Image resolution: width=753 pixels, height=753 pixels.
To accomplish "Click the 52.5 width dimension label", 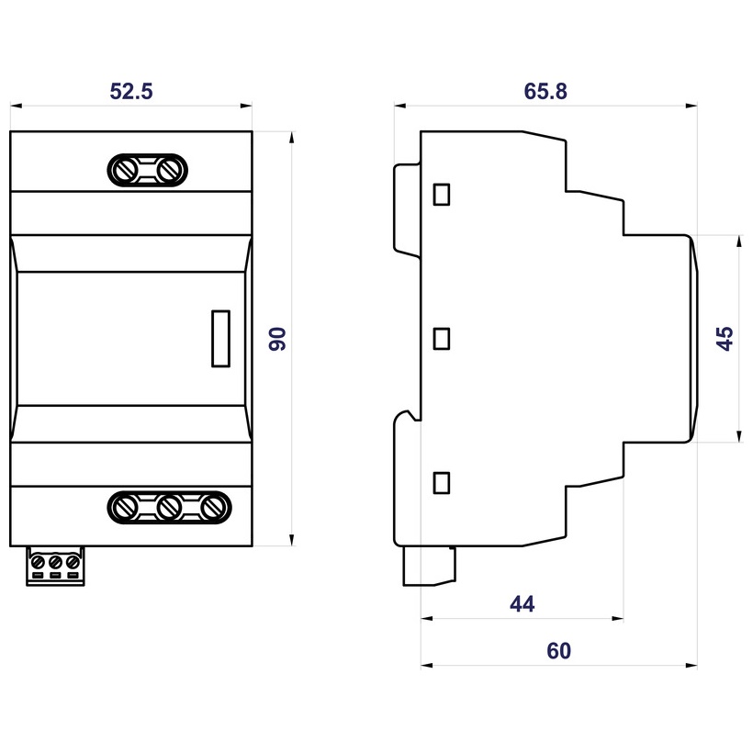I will (x=130, y=91).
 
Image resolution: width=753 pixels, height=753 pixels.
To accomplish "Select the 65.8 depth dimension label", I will (x=545, y=91).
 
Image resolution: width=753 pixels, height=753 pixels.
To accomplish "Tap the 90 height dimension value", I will (x=278, y=338).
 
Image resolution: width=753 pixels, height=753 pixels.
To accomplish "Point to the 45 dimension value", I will (x=725, y=338).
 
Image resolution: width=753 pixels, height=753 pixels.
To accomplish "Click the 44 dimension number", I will (x=522, y=603).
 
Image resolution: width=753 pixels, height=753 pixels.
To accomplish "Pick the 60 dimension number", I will (x=558, y=651).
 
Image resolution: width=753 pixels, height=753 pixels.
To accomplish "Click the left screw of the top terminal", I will (x=126, y=170).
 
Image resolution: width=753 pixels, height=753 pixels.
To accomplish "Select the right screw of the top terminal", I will (x=168, y=170).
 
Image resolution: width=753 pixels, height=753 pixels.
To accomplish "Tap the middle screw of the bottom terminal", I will (x=168, y=506).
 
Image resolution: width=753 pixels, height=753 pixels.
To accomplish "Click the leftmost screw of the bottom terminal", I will (x=126, y=506).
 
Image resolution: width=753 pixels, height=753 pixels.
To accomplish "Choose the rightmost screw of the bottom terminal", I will (x=211, y=506).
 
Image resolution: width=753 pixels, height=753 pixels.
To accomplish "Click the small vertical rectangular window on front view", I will (x=220, y=338).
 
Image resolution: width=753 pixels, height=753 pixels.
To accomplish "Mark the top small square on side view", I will (x=442, y=194).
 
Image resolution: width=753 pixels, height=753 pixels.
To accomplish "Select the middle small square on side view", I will (x=442, y=338).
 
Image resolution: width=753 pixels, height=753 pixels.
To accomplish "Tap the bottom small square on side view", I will (x=442, y=481).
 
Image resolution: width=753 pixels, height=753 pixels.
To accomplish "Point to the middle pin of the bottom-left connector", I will (x=54, y=560).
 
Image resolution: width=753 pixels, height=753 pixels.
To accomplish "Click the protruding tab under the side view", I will (x=431, y=564).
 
